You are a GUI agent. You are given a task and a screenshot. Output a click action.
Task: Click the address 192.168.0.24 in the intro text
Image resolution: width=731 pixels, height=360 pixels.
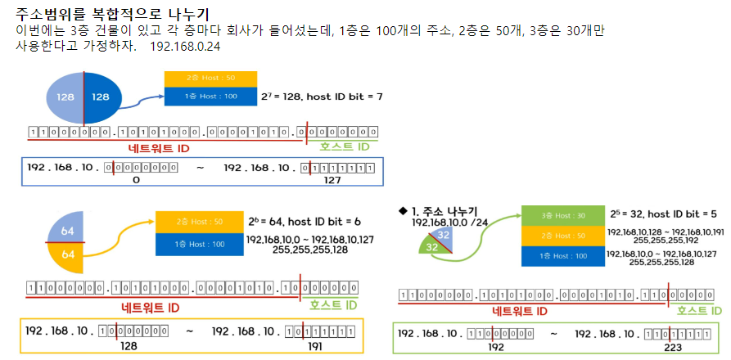point(185,47)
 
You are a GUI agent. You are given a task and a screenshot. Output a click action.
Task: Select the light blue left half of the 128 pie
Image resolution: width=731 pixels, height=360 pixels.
point(63,97)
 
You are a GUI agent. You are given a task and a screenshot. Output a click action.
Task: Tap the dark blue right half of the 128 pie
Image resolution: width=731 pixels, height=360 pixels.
point(101,97)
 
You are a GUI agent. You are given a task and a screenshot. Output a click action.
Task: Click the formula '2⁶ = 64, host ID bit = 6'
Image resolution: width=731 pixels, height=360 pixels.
point(304,222)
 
